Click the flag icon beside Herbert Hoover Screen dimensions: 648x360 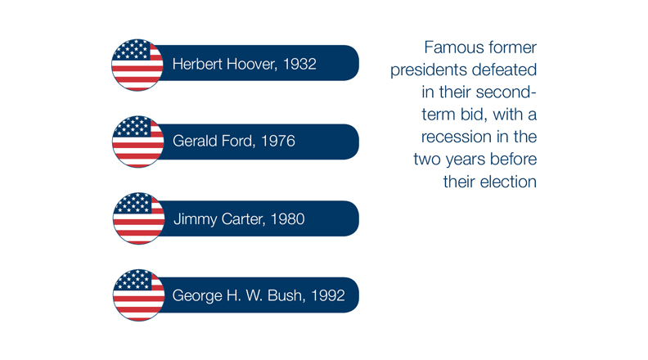[137, 65]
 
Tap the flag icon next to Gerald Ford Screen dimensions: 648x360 [138, 142]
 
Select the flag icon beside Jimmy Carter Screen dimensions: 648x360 [139, 218]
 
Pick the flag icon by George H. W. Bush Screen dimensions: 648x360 [139, 295]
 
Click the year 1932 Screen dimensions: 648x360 [299, 64]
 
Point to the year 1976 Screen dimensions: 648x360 [278, 141]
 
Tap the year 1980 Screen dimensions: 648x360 [288, 218]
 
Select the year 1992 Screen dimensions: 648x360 [328, 295]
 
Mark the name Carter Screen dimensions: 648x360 [243, 218]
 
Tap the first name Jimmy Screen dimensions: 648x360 [196, 219]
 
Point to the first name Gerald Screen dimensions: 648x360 [195, 141]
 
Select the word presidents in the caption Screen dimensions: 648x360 [429, 70]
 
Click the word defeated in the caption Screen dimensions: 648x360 [504, 70]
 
